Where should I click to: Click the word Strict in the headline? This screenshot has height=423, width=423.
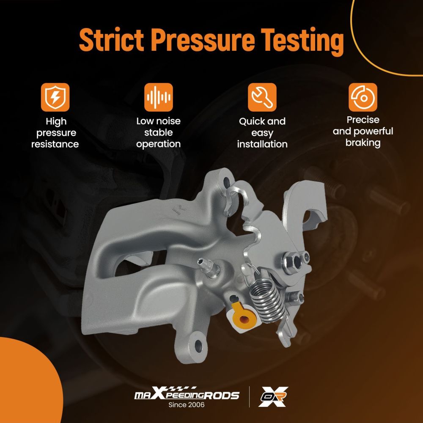pos(111,40)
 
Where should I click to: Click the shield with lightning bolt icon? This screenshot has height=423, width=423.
pos(55,97)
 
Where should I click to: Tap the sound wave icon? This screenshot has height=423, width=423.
pos(158,97)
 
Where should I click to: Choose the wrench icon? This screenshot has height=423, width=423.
pos(262,97)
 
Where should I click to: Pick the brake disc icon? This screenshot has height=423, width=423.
pos(363,97)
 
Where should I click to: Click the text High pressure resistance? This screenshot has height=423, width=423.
pos(55,133)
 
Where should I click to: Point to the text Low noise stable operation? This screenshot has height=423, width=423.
pos(158,132)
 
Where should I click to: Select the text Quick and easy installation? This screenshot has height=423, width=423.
pos(262,133)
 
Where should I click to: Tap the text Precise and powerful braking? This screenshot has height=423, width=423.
pos(363,132)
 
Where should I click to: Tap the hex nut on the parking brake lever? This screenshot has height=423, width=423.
pos(290,260)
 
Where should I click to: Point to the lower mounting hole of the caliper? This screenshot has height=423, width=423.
pos(198,346)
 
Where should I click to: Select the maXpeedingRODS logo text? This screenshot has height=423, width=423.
pos(187,393)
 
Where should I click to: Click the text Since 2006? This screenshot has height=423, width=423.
pos(187,405)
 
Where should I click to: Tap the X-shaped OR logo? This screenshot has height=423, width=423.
pos(273,397)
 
